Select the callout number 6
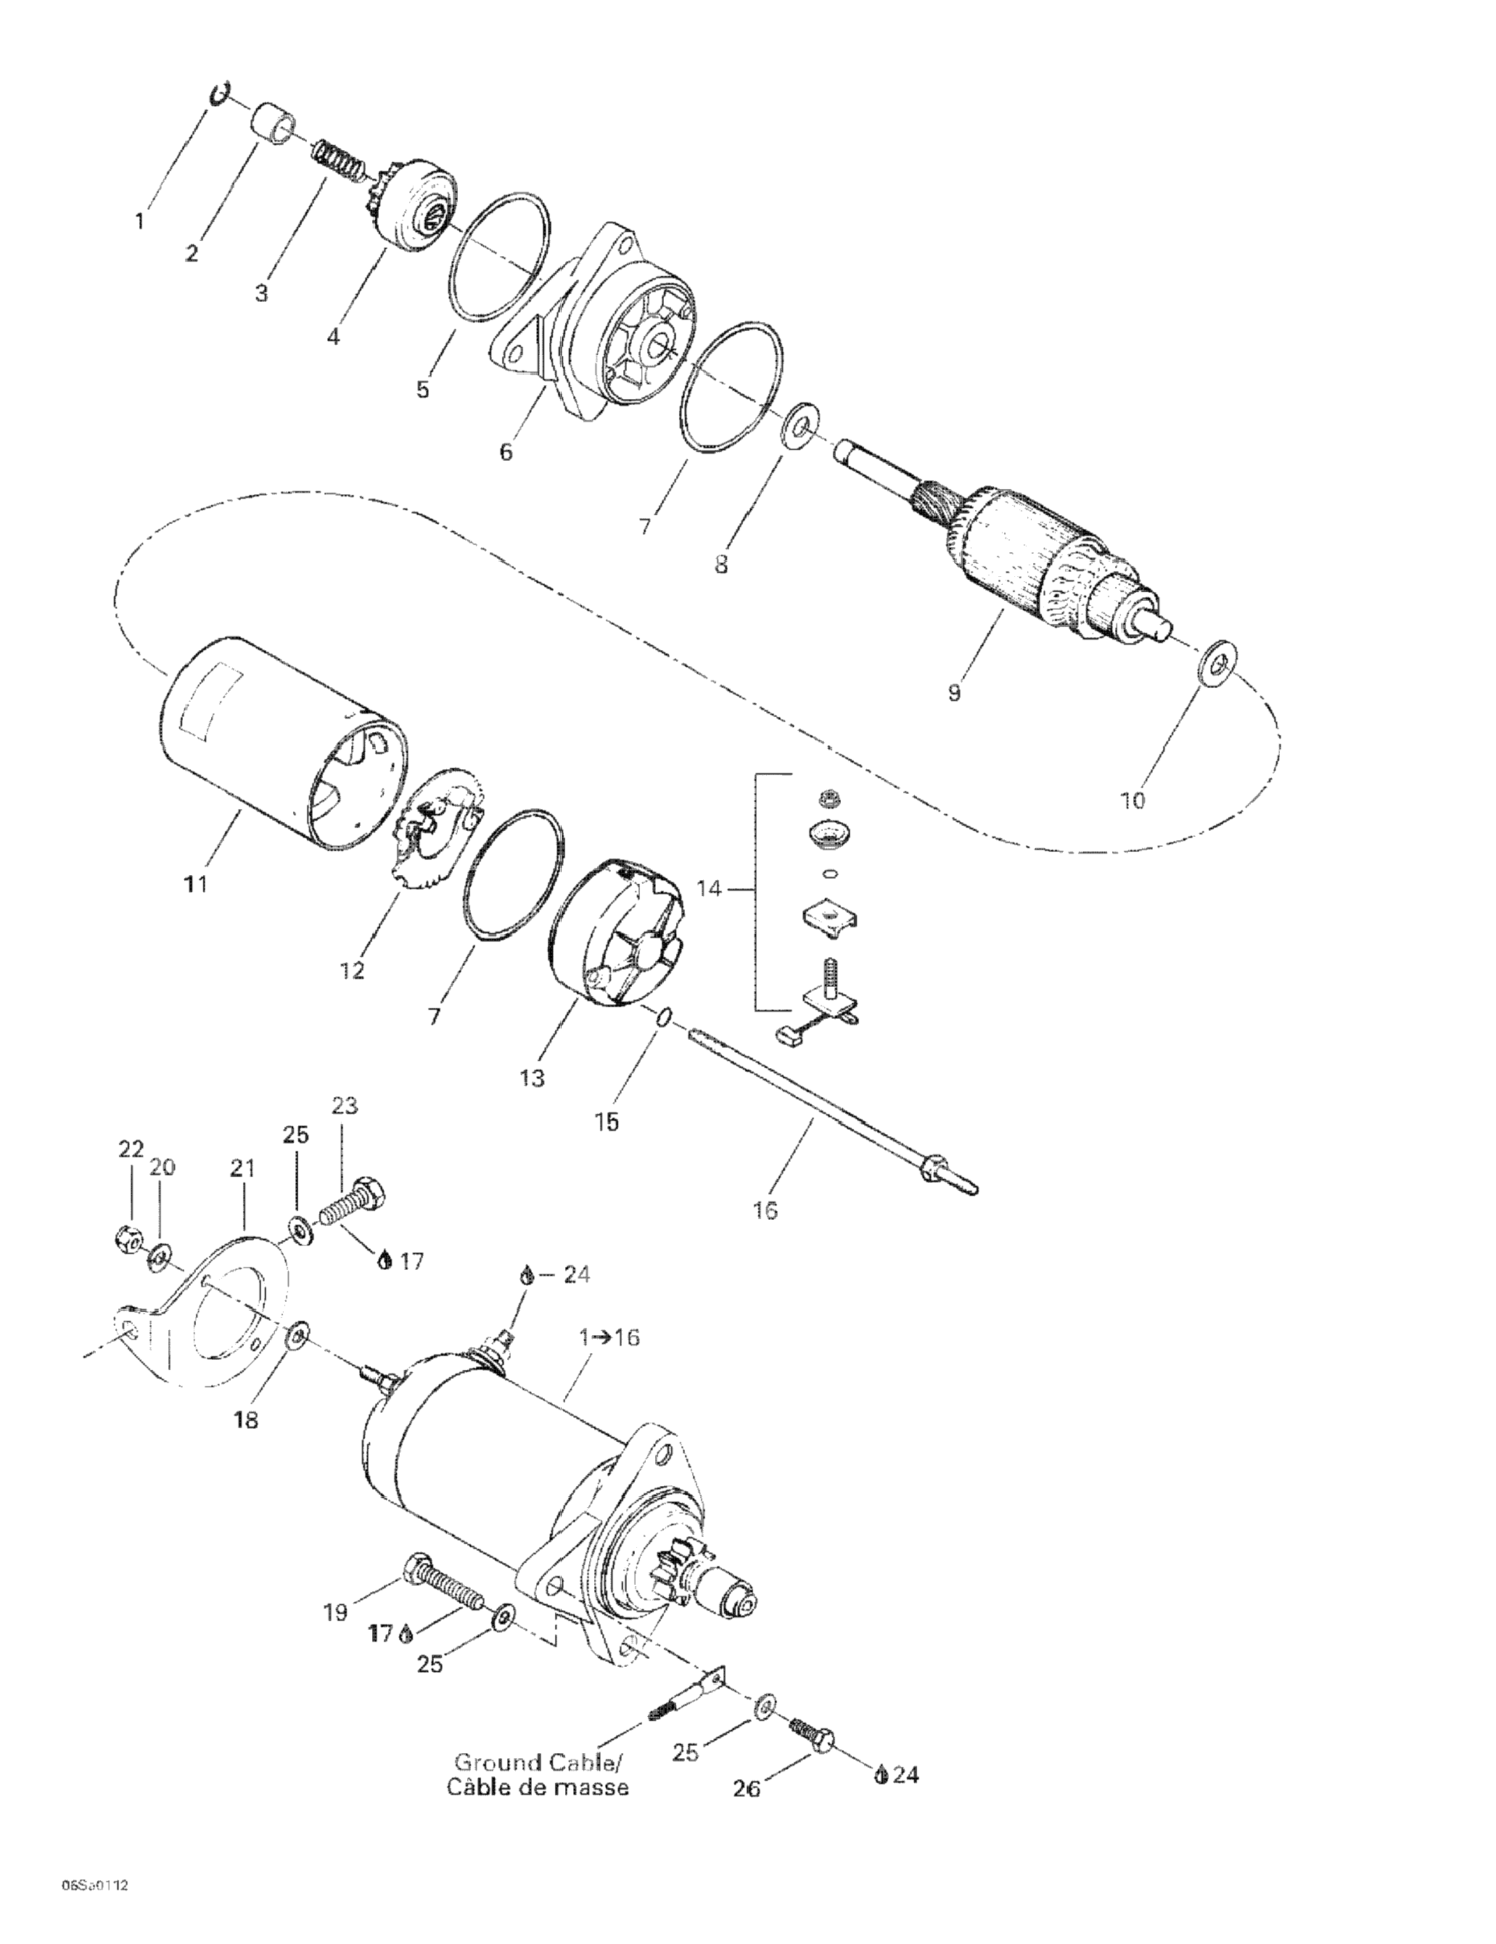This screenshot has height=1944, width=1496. click(506, 452)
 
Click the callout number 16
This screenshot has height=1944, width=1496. click(765, 1210)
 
